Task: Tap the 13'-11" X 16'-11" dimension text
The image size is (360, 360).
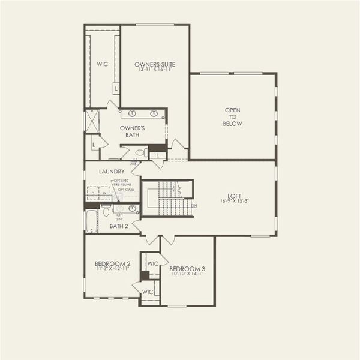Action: point(155,70)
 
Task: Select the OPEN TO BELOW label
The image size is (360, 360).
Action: point(233,116)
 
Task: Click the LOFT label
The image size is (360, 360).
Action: point(234,194)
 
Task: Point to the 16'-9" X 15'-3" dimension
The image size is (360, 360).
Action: point(234,201)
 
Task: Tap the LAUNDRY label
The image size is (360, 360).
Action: point(112,172)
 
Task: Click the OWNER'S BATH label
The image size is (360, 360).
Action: point(132,131)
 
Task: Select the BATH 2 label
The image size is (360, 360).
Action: point(118,226)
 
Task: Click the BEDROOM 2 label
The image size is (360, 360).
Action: point(112,263)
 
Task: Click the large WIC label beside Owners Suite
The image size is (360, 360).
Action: point(102,64)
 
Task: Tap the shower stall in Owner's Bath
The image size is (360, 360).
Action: point(91,121)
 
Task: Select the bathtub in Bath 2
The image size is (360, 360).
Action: point(91,220)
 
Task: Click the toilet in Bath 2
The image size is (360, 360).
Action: point(106,211)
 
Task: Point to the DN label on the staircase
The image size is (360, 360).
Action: point(194,205)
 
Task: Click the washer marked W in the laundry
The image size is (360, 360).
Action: point(104,193)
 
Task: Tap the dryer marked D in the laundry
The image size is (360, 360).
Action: point(94,193)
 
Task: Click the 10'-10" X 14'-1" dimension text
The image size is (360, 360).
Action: point(187,275)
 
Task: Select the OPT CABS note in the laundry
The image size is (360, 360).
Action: point(125,190)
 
